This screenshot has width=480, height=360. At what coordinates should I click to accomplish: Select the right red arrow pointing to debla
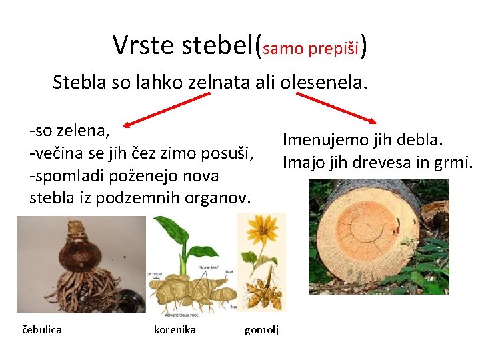(336, 107)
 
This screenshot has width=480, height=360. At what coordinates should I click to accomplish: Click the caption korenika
(175, 329)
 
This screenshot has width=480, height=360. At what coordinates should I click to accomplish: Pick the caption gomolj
(262, 329)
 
